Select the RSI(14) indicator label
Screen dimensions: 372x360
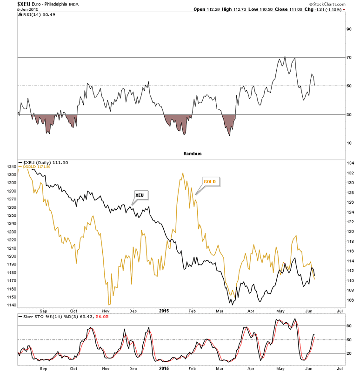[32, 14]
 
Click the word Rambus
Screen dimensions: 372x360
[193, 153]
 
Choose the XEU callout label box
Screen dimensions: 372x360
[139, 194]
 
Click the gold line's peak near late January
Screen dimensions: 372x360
[182, 173]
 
